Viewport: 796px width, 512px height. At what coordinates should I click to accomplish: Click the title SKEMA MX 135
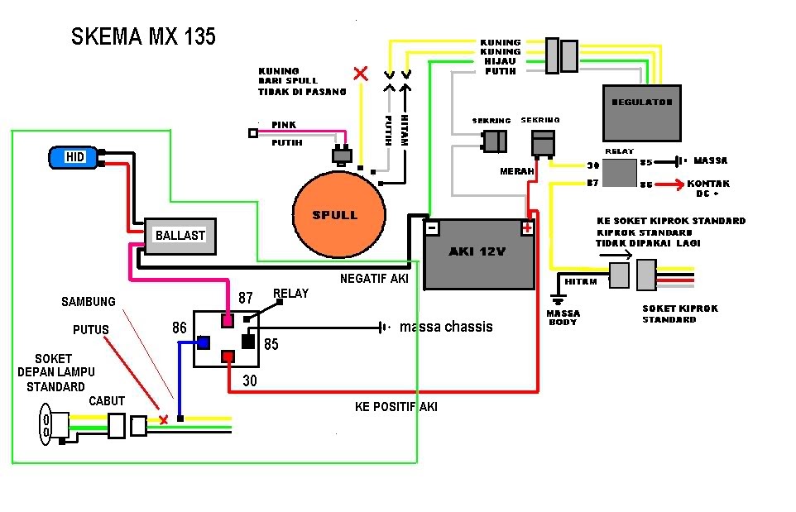click(x=143, y=37)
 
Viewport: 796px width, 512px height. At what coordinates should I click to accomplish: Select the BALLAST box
click(x=180, y=235)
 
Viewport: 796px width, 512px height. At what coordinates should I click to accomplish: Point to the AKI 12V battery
click(x=480, y=253)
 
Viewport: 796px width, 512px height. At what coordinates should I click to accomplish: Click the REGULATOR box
click(x=641, y=112)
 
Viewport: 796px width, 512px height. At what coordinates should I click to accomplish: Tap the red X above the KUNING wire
click(x=360, y=74)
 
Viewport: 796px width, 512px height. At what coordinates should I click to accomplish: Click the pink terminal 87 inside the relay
click(x=228, y=318)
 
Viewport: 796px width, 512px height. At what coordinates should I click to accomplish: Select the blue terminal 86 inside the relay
click(x=202, y=341)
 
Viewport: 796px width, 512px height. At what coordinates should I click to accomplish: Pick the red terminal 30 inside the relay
click(x=228, y=356)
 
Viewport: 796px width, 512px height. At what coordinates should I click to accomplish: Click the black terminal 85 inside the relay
click(x=247, y=340)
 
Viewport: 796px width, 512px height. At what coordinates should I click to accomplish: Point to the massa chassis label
click(x=446, y=327)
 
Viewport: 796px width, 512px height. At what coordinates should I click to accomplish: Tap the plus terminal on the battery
click(x=526, y=227)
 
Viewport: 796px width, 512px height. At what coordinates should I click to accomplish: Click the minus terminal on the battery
click(x=431, y=227)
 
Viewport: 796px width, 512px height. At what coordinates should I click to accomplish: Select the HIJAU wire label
click(x=501, y=61)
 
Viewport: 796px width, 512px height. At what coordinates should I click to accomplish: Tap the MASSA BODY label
click(x=563, y=317)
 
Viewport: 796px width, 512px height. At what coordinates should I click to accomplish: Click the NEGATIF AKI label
click(x=374, y=279)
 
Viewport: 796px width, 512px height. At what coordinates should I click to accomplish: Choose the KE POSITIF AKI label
click(x=396, y=406)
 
